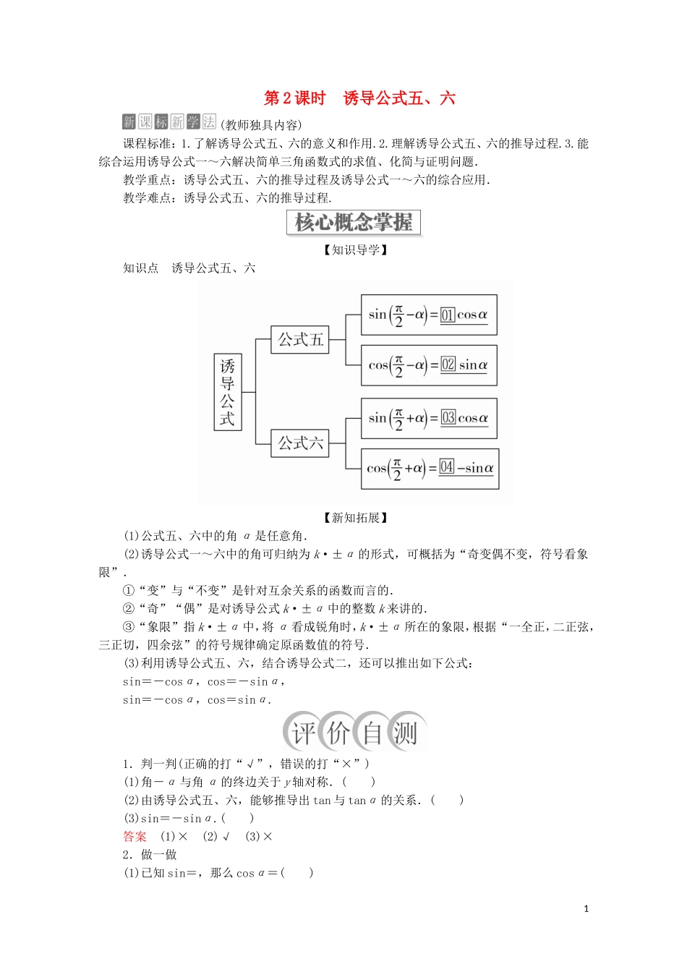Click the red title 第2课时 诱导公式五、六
coord(359,98)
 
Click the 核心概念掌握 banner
coord(354,222)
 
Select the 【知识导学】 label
coord(355,250)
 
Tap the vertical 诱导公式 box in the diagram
coord(228,392)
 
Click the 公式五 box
coord(300,339)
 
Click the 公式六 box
coord(300,443)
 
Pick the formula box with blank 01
coord(429,315)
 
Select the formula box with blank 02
coord(429,365)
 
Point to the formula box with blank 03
coord(429,418)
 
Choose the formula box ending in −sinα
coord(431,469)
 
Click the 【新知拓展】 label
coord(355,518)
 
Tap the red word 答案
coord(135,837)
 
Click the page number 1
coord(586,909)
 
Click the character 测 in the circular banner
coord(405,733)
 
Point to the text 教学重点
coord(148,180)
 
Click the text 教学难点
coord(148,198)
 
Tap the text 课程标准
coord(148,144)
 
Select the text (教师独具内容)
coord(261,124)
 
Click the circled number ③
coord(129,627)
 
